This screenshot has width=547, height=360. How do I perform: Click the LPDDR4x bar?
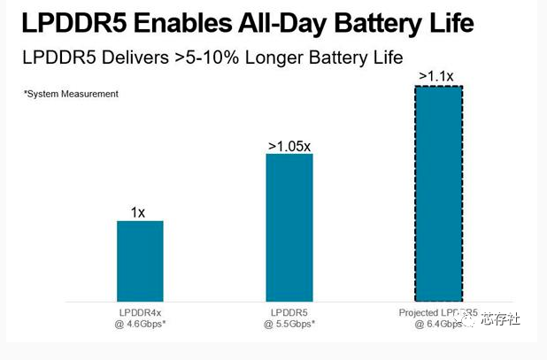coord(140,260)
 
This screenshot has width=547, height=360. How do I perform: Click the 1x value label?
coord(140,212)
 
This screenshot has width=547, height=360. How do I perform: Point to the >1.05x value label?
coord(289,145)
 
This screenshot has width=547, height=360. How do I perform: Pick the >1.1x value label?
coord(436,76)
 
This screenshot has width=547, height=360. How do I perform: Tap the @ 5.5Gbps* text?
coord(289,325)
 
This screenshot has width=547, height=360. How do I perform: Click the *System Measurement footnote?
coord(71,93)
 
